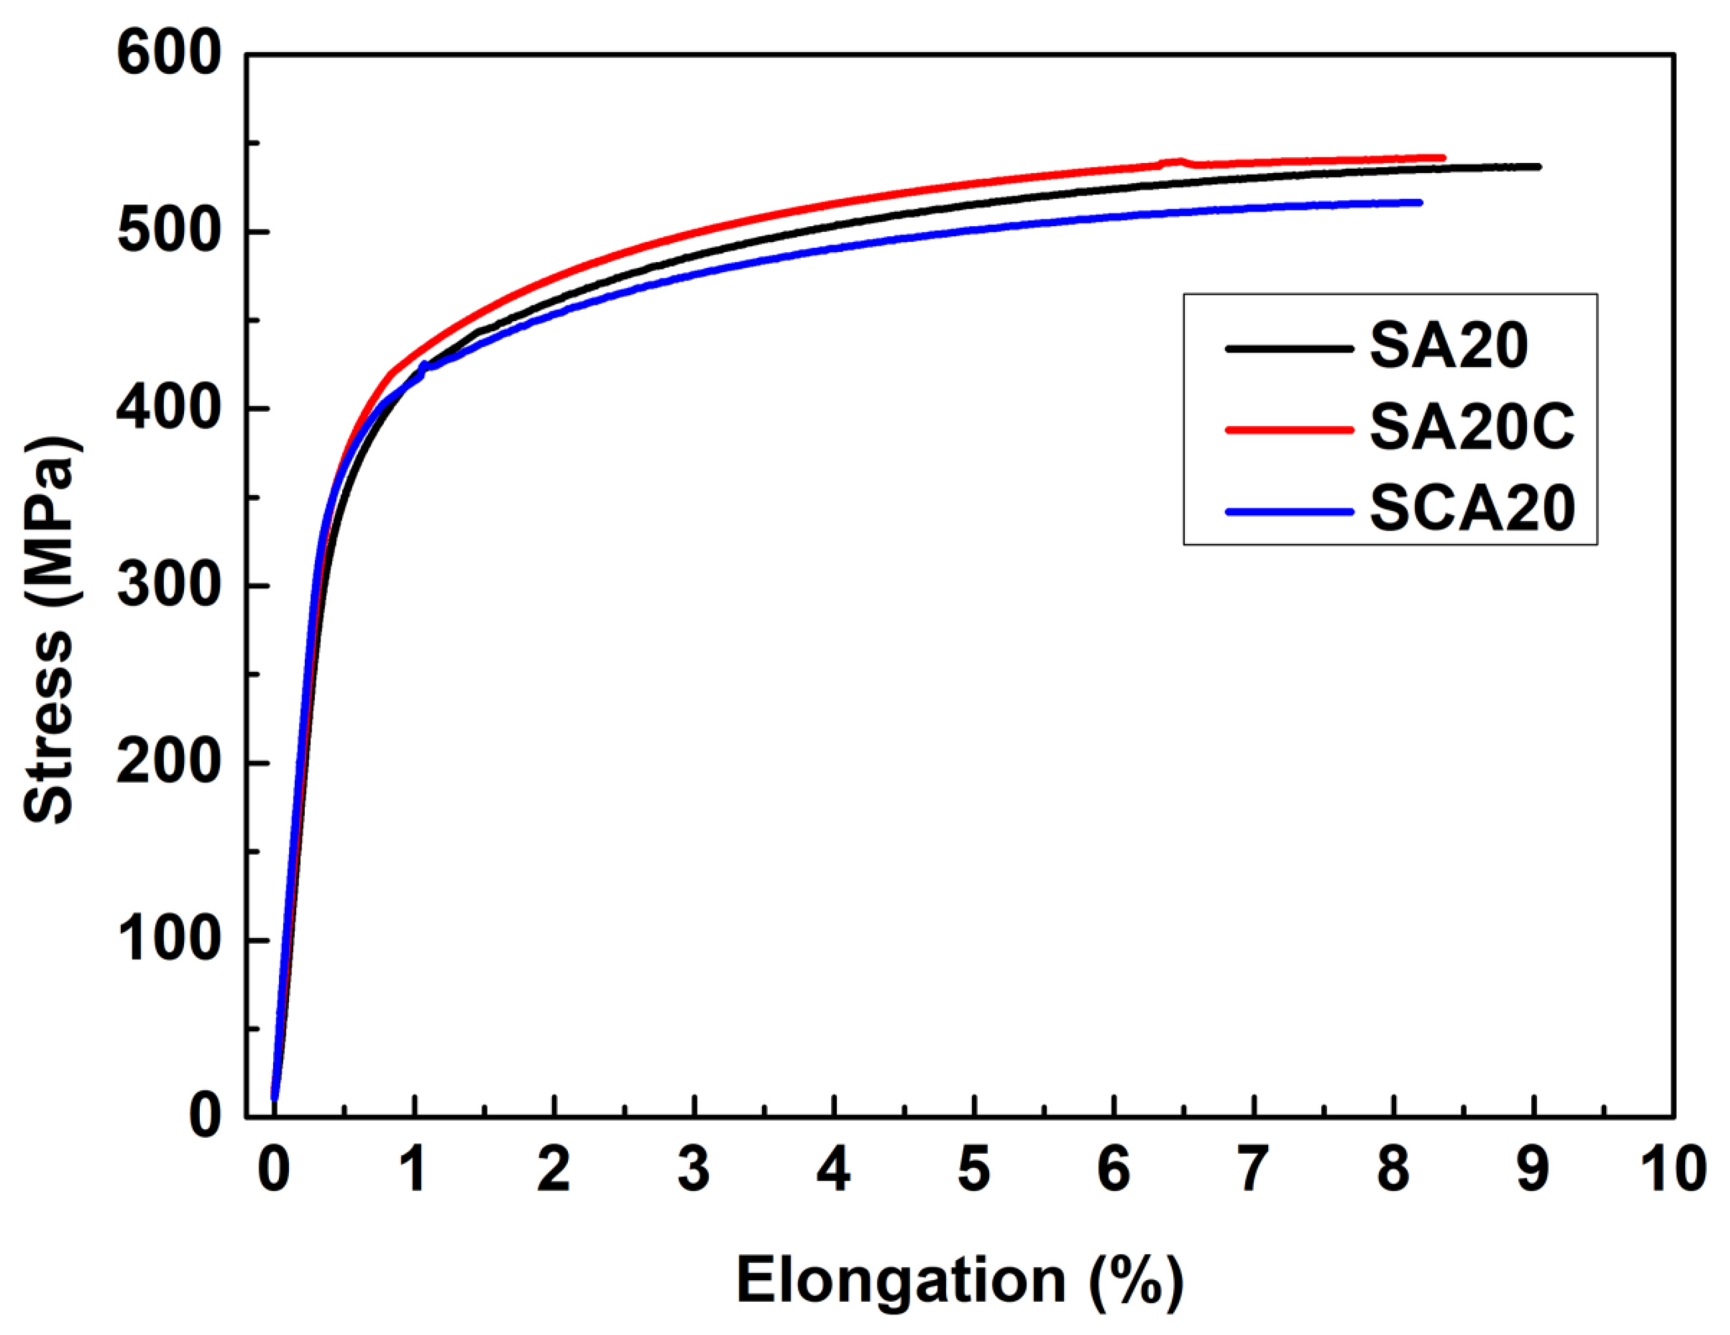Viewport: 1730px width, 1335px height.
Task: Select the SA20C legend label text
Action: pos(1472,428)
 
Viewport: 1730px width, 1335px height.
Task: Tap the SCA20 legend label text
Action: pos(1472,509)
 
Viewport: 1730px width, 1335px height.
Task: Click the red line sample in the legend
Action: pos(1289,429)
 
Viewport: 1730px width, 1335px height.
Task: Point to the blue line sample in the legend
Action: pos(1289,511)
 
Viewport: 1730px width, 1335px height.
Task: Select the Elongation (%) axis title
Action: pos(959,1280)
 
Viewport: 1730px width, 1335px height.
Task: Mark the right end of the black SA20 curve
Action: pos(1538,167)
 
